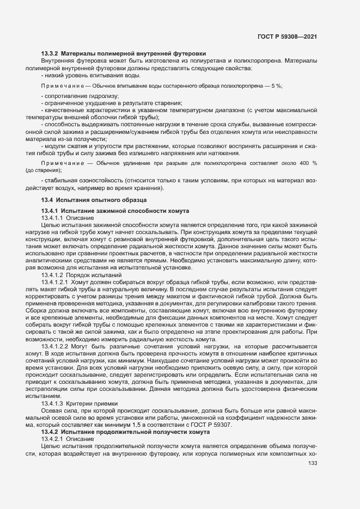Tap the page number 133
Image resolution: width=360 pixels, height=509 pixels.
click(x=313, y=464)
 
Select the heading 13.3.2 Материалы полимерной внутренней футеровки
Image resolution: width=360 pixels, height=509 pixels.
click(x=124, y=53)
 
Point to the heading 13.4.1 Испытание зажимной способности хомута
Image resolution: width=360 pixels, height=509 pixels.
click(x=115, y=211)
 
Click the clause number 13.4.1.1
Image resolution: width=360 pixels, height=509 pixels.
click(x=53, y=218)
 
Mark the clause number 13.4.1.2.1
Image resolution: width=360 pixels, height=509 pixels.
click(x=55, y=283)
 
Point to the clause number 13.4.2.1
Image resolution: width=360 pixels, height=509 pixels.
click(x=53, y=438)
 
